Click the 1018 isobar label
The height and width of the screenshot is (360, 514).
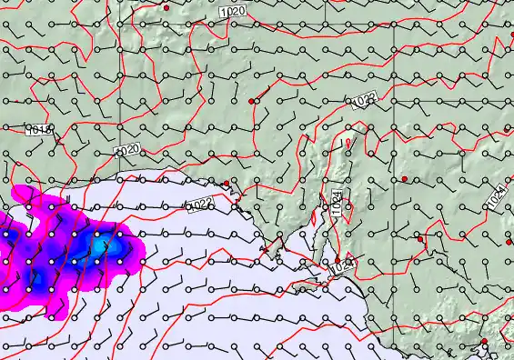point(38,131)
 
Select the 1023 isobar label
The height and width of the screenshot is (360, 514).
point(366,101)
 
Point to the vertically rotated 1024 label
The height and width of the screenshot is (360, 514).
point(336,201)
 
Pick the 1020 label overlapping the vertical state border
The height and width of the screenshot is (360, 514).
point(126,149)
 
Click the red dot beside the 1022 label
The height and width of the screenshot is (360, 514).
point(226,183)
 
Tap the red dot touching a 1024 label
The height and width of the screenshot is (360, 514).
point(338,260)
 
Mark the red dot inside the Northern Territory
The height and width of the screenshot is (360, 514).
point(167,7)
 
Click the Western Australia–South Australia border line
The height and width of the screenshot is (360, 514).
point(122,91)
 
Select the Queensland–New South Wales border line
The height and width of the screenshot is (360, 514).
point(455,128)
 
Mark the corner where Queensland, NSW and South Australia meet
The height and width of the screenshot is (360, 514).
point(393,128)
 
